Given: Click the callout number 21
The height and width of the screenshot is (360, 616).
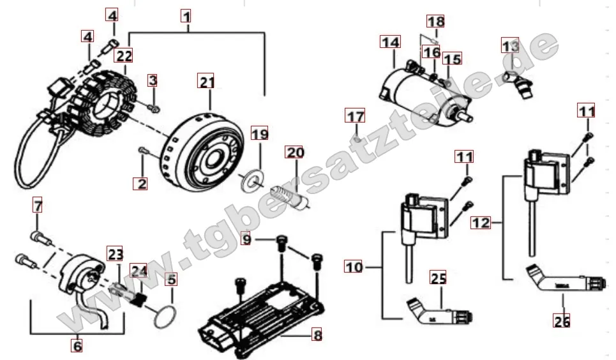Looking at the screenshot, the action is coord(207,82).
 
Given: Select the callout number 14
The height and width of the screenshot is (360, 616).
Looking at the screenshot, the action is coord(390,42).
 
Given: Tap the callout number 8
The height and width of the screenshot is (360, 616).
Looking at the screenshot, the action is coord(317,335).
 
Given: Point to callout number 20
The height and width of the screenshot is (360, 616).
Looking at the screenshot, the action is coord(295,152).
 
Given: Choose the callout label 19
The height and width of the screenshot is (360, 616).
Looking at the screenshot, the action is coord(259,134).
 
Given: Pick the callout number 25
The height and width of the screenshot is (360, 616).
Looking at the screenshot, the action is coord(439,278).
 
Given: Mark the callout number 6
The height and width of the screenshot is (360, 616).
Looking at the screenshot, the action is coord(77,346).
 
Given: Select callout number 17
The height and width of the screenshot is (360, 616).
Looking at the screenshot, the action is coord(356,116).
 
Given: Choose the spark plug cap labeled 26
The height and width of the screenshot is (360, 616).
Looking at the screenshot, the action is coord(562,280).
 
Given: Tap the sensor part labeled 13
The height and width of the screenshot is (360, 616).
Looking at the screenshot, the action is coord(518,83).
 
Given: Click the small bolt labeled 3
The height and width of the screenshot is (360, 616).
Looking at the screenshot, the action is coord(153,107).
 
